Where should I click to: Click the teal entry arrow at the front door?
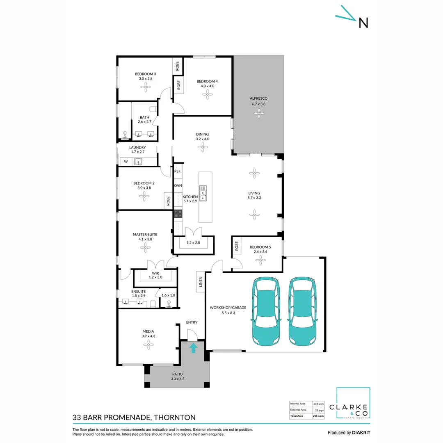(x=193, y=348)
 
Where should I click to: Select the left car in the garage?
(x=267, y=311)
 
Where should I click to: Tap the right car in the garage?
(x=304, y=311)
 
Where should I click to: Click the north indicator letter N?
(x=363, y=23)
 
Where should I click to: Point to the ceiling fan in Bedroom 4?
(x=207, y=94)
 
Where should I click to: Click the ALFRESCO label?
(x=259, y=98)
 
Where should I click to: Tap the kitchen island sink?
(x=203, y=194)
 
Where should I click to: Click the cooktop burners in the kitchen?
(x=178, y=214)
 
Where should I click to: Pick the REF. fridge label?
(x=178, y=171)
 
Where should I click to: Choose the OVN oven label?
(x=178, y=186)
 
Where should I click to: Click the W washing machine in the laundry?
(x=126, y=162)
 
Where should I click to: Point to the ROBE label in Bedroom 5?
(x=237, y=246)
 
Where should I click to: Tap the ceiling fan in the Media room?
(x=148, y=345)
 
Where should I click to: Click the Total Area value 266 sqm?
(x=318, y=416)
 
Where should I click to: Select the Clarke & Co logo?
(x=353, y=404)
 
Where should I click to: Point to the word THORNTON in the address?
(x=174, y=418)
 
